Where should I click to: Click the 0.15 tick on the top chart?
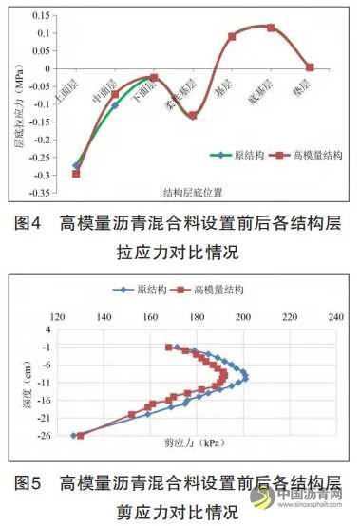pyautogui.click(x=41, y=16)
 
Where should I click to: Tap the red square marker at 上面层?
pyautogui.click(x=76, y=173)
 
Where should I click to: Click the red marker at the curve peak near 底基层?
pyautogui.click(x=271, y=28)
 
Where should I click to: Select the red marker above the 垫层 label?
pyautogui.click(x=310, y=67)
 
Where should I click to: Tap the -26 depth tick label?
pyautogui.click(x=43, y=435)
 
